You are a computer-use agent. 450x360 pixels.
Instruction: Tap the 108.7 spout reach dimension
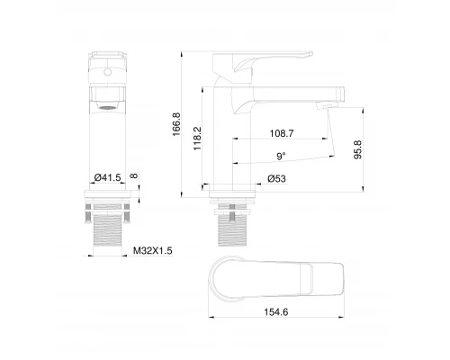(282, 132)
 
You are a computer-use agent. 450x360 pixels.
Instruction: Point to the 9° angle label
(282, 156)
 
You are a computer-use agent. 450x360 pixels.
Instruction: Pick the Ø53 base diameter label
(277, 178)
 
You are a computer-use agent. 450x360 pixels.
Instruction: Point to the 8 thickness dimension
(133, 178)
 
